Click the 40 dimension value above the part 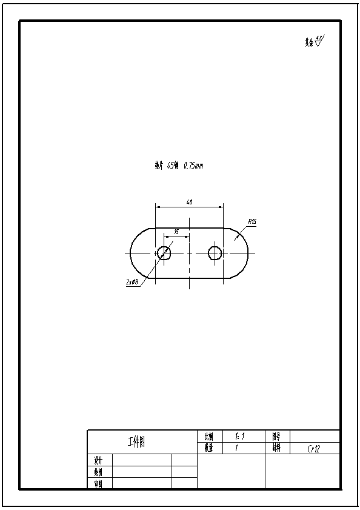(x=190, y=203)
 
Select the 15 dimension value (x=176, y=232)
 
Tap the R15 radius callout (x=252, y=222)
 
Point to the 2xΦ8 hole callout (x=132, y=283)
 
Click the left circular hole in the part (x=164, y=253)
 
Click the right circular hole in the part (x=215, y=253)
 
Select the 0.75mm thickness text (x=193, y=165)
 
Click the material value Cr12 (x=313, y=449)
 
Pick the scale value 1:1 (x=239, y=436)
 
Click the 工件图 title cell (x=136, y=442)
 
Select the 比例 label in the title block (x=208, y=436)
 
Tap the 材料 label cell (x=277, y=449)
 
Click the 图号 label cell (x=277, y=436)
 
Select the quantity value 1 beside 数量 (x=236, y=449)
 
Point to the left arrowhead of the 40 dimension (x=158, y=207)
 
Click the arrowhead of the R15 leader (x=236, y=238)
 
